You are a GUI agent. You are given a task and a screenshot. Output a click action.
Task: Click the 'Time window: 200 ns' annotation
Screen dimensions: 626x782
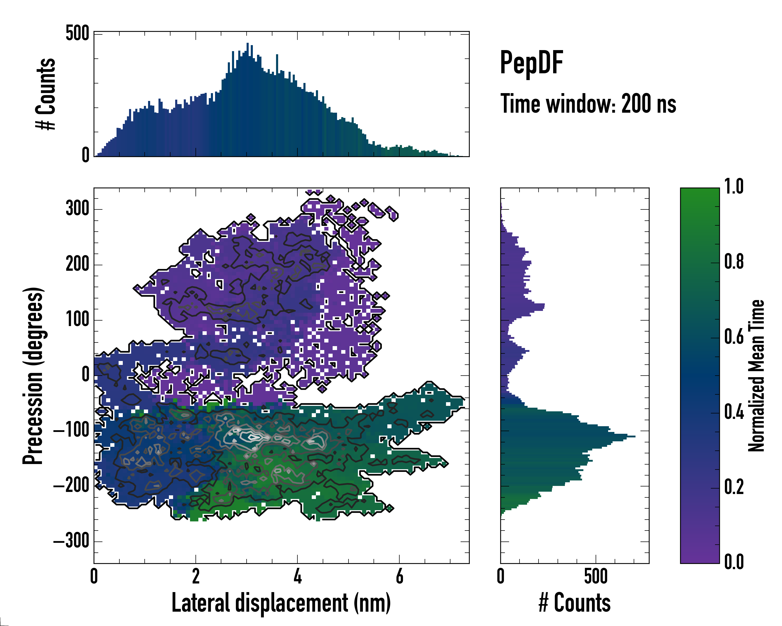pos(588,104)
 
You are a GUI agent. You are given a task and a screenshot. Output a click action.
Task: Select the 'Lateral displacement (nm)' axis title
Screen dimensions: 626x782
pos(281,603)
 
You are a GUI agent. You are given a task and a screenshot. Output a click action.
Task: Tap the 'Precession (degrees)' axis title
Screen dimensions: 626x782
pos(33,376)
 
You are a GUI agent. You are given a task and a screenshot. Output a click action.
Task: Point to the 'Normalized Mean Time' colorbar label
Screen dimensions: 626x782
pos(756,376)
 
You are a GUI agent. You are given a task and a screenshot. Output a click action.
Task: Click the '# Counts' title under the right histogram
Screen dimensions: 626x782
pos(575,603)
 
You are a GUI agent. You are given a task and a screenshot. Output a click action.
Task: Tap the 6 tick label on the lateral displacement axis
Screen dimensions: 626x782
pos(399,576)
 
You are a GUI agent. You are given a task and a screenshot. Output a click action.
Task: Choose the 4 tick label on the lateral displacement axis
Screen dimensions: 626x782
pos(297,576)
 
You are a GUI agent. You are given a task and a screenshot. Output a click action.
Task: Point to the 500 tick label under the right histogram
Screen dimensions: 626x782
pos(596,576)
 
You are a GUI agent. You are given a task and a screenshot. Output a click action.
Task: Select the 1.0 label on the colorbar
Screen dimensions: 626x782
pos(734,187)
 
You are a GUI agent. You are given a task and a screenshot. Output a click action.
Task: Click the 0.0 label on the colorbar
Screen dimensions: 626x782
pos(734,562)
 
